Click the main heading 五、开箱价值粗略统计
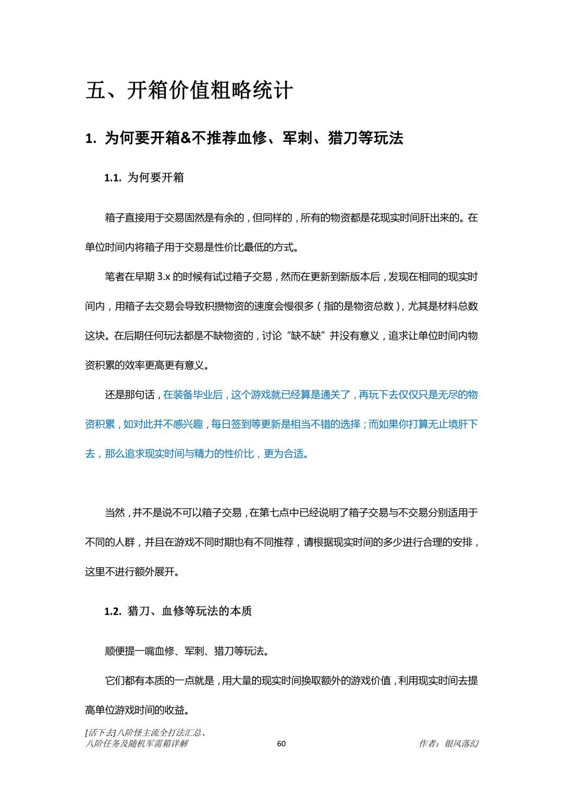[189, 91]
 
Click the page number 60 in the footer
[281, 743]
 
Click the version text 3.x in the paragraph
[164, 277]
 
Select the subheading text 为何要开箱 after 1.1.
[155, 178]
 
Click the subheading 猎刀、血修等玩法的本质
[190, 611]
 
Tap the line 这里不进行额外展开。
[133, 572]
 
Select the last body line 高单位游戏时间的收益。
[137, 710]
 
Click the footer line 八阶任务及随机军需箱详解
[136, 744]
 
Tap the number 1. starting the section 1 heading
[91, 139]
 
